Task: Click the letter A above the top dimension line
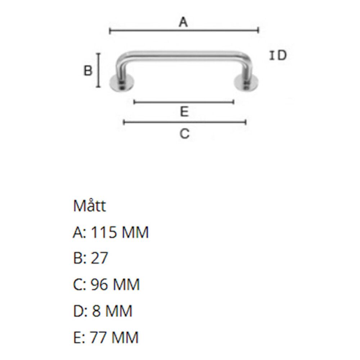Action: (x=184, y=23)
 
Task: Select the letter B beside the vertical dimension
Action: (x=88, y=71)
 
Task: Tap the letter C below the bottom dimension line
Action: (x=184, y=134)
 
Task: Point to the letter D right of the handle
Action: (x=282, y=55)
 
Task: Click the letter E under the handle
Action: (x=184, y=112)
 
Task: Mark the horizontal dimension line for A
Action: (x=184, y=31)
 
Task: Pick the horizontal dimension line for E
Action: (x=184, y=102)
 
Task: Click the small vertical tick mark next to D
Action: (x=272, y=55)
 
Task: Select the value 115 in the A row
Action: (x=104, y=233)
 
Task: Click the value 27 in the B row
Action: (x=99, y=258)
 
